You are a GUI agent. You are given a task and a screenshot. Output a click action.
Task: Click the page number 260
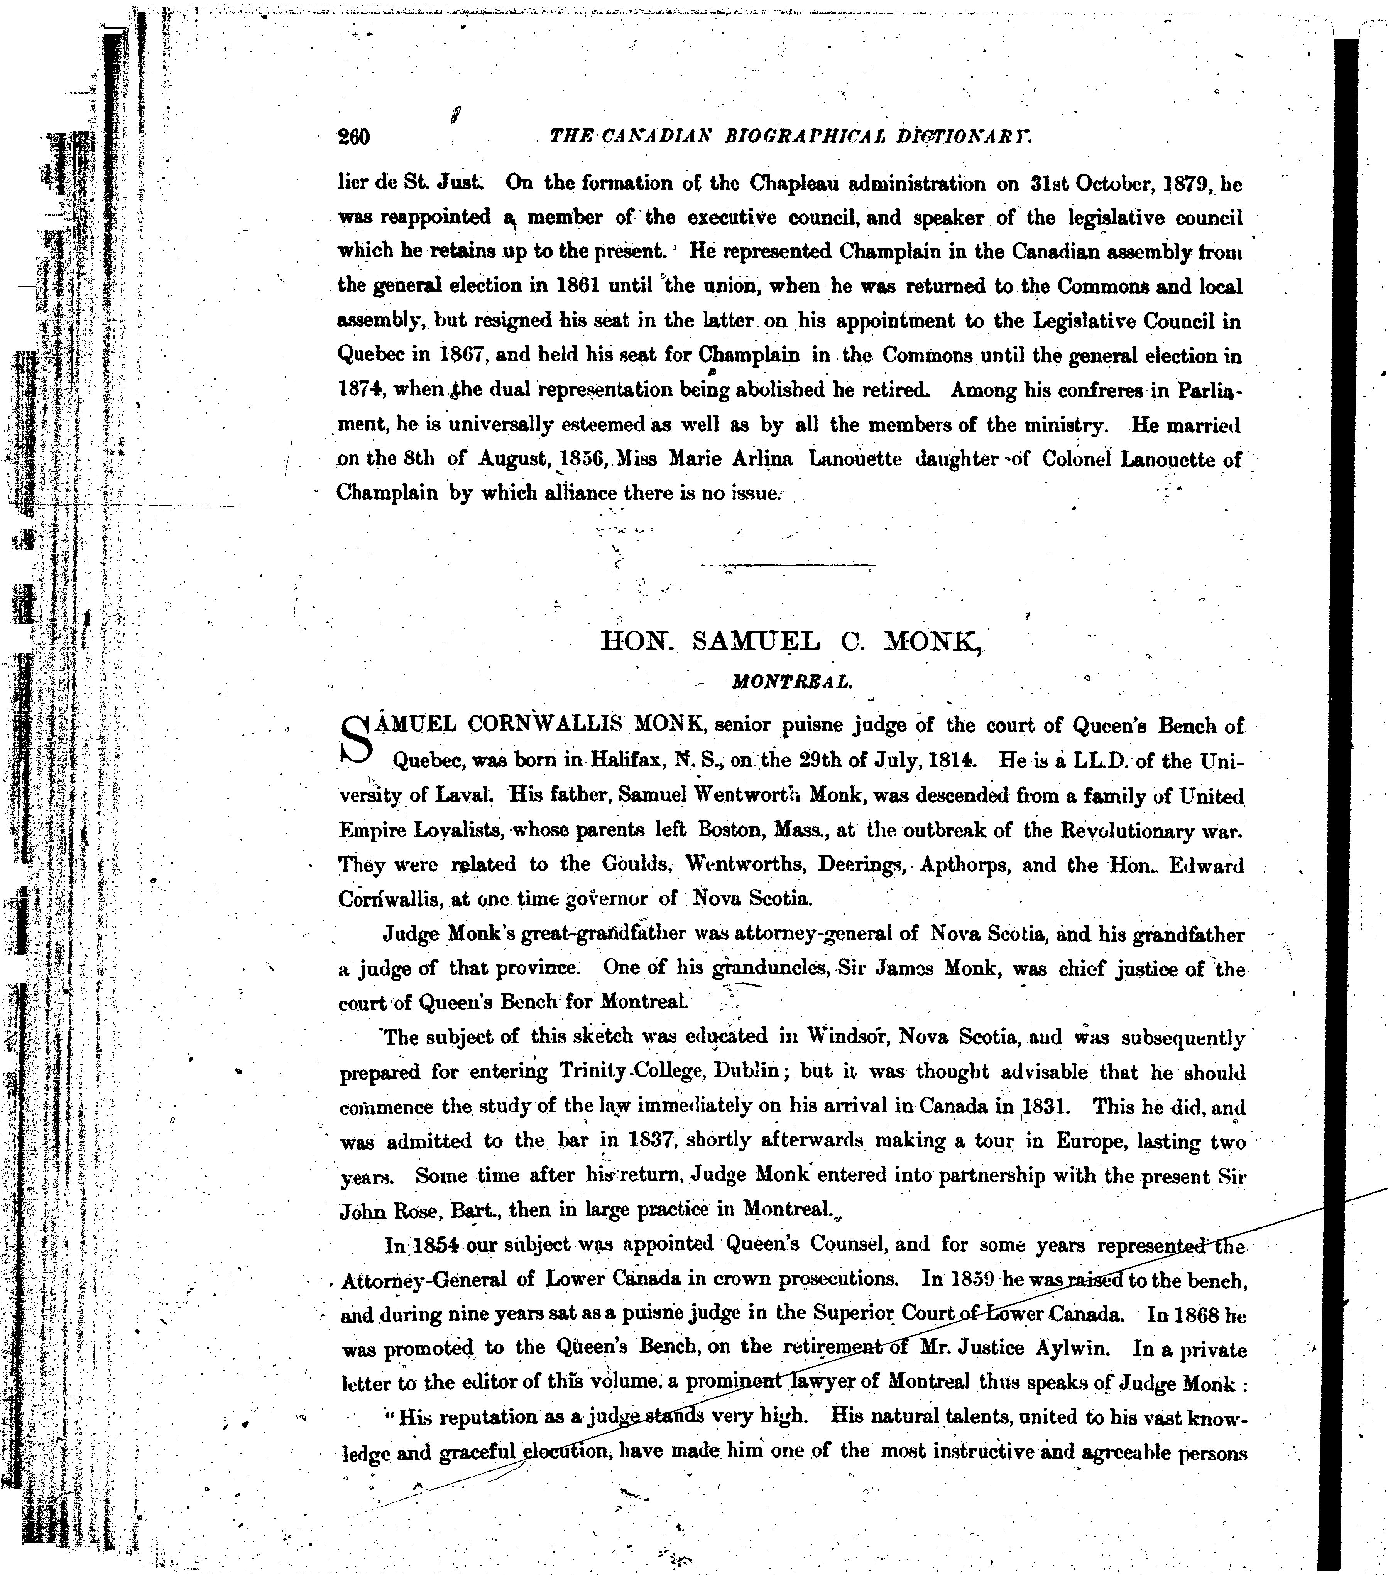point(354,137)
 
